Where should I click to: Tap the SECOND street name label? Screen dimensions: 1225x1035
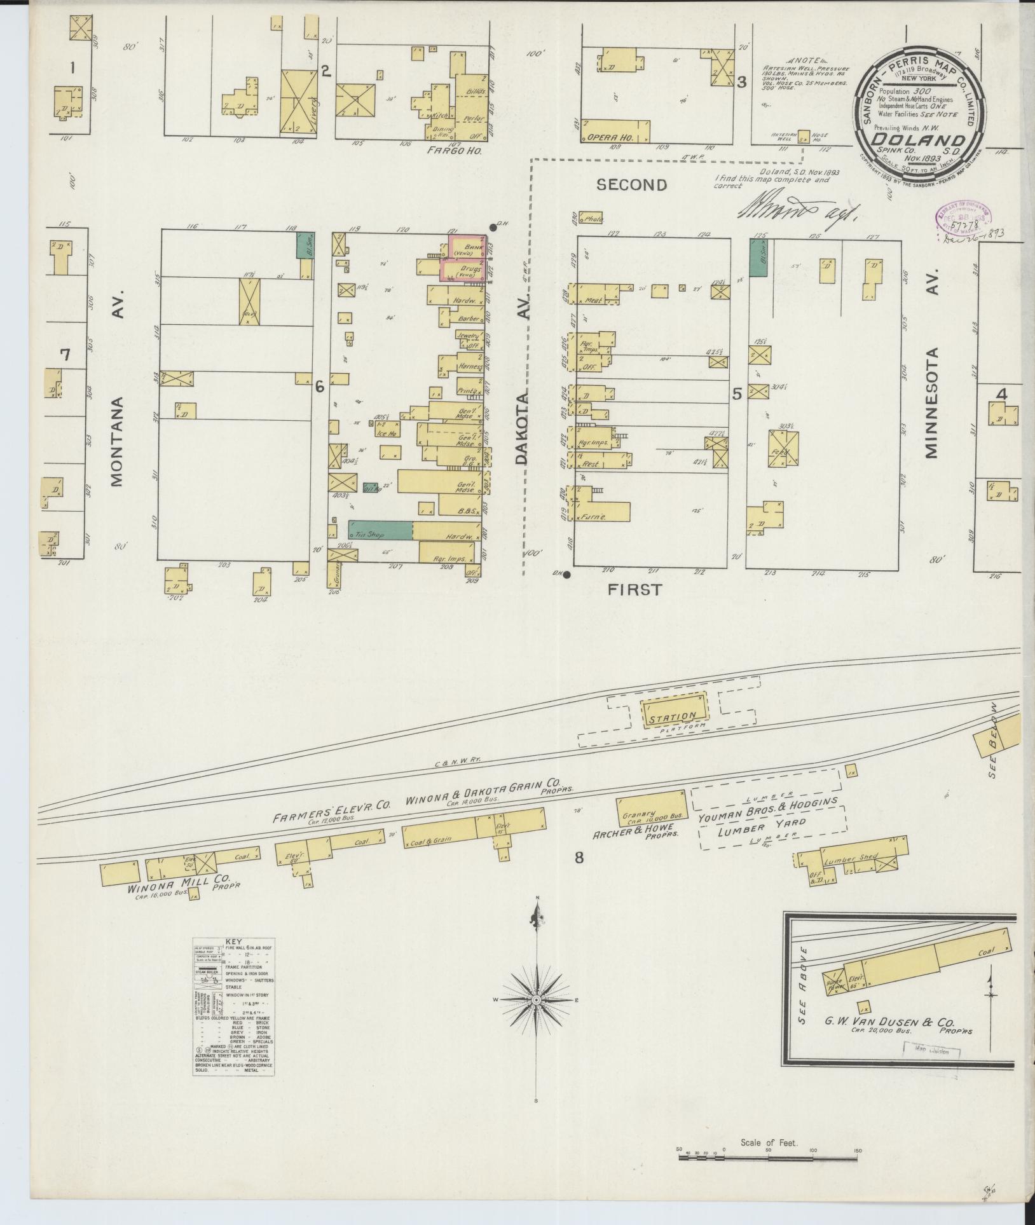[x=631, y=185]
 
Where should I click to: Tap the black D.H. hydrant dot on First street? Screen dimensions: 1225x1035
[x=566, y=575]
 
